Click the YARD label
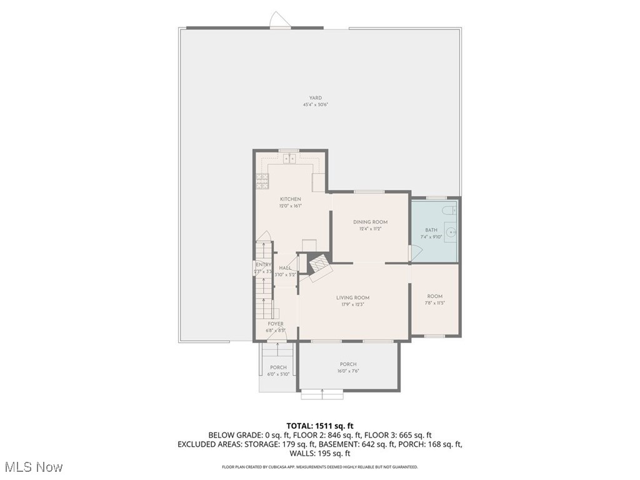(x=316, y=98)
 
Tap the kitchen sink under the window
(x=289, y=159)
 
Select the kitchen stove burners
(x=262, y=181)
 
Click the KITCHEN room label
(x=290, y=199)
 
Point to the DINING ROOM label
(x=370, y=222)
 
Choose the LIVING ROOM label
(x=352, y=298)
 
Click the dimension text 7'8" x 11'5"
(x=434, y=303)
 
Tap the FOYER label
(x=276, y=324)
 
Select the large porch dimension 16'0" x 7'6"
(x=348, y=371)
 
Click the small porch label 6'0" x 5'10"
(x=278, y=374)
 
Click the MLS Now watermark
(x=33, y=467)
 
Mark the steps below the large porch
(x=322, y=394)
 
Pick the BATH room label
(x=431, y=230)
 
